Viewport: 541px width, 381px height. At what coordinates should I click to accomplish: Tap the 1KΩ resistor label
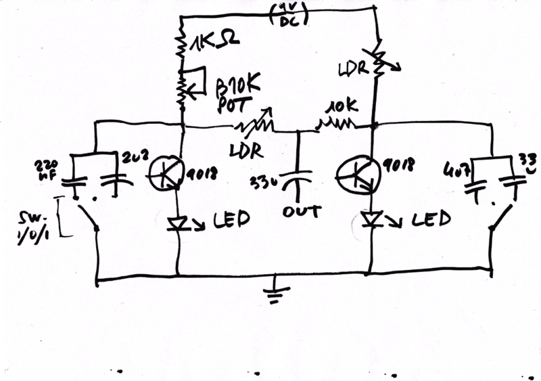coord(214,47)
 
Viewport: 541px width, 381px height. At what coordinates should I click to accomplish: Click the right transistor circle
coord(356,174)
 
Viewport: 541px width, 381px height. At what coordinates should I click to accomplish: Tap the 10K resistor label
coord(339,108)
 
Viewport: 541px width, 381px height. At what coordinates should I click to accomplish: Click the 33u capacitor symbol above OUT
coord(298,177)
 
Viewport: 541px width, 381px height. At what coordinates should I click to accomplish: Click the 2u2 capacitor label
coord(131,159)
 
